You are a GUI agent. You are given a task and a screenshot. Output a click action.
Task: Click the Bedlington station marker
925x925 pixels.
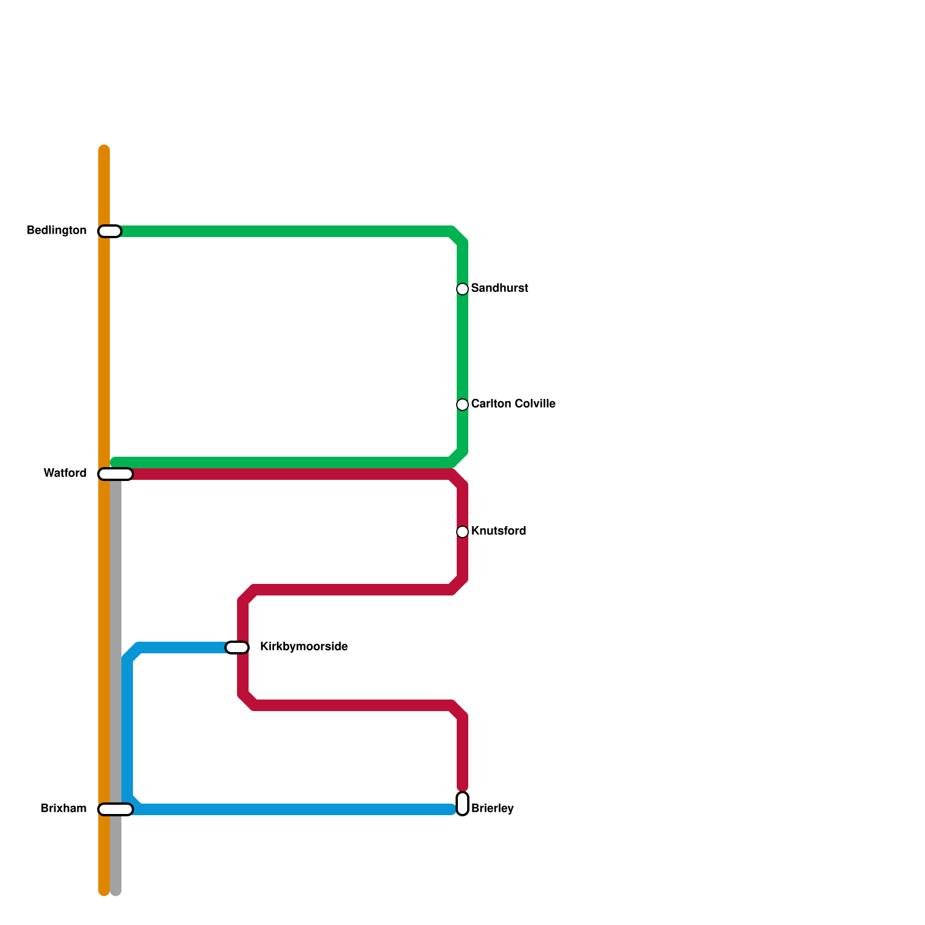pos(110,231)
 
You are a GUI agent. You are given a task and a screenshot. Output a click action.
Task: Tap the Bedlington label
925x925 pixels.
pos(57,231)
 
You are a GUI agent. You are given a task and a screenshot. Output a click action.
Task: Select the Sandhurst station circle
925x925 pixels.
pos(462,288)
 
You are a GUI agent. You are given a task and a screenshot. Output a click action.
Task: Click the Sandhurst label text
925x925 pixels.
pos(499,288)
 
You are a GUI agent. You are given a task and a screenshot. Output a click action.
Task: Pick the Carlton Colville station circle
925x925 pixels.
pos(462,404)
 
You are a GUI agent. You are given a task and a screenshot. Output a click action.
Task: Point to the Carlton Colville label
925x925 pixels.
pos(513,404)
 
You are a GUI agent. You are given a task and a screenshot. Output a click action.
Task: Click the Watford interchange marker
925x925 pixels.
pos(116,474)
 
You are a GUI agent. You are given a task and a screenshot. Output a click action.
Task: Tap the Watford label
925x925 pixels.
pos(65,473)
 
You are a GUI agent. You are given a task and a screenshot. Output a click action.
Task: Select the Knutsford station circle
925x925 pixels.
pos(462,531)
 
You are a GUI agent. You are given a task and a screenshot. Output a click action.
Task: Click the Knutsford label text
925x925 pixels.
pos(498,531)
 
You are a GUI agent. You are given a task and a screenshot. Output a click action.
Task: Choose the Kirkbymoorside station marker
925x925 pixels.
pos(237,647)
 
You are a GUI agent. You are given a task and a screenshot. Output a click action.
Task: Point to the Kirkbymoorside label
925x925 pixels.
pos(304,647)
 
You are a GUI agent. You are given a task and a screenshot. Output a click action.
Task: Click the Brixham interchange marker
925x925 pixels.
pos(116,809)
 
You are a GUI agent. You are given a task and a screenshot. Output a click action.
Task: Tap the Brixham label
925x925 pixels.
pos(64,809)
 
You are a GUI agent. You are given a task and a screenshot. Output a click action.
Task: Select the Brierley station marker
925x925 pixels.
pos(462,804)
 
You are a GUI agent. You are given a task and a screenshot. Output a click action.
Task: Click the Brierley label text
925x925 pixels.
pos(493,809)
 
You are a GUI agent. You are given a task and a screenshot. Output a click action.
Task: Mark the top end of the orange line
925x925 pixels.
pos(104,149)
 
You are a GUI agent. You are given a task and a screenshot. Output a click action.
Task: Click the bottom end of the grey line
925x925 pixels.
pos(116,892)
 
